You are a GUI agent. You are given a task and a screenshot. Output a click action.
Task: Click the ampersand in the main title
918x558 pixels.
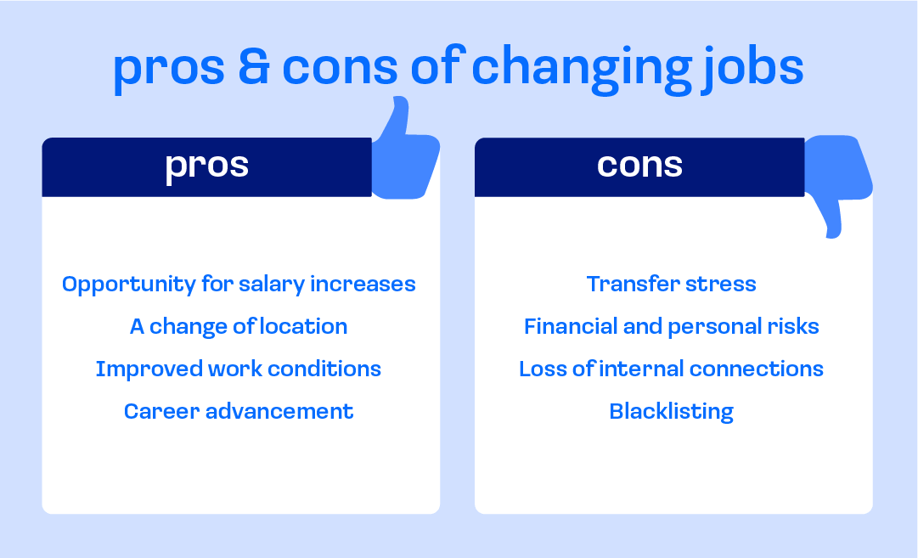254,67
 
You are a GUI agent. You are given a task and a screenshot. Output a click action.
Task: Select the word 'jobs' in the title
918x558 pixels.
753,69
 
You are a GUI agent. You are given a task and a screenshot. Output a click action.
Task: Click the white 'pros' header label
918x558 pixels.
206,166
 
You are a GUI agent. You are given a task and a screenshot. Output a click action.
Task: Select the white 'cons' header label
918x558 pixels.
639,165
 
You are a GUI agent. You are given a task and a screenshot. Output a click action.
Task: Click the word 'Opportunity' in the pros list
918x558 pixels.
129,285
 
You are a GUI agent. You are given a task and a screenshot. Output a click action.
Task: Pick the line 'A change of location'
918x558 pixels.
239,327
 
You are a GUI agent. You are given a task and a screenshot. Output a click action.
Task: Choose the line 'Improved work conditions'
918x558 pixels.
239,369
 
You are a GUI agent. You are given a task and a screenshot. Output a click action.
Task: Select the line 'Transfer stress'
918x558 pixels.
672,284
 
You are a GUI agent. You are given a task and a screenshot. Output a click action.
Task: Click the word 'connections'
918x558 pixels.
757,369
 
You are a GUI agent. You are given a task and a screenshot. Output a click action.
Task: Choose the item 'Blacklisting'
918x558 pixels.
672,412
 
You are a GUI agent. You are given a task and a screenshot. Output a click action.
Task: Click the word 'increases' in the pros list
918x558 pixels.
363,284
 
